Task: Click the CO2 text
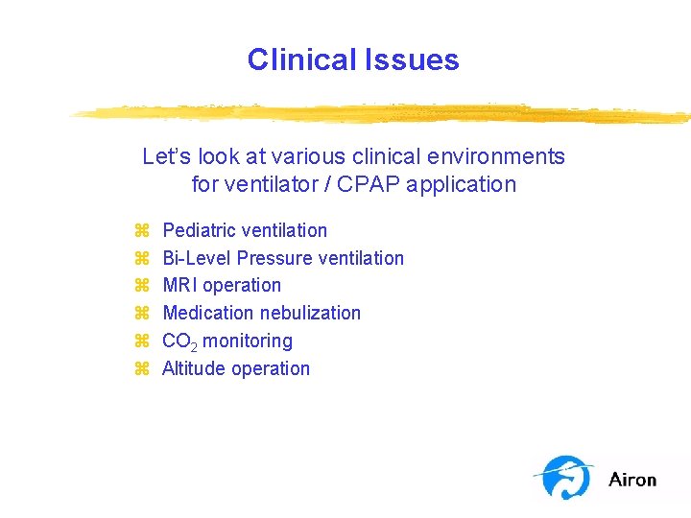[x=179, y=341]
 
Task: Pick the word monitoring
[x=248, y=341]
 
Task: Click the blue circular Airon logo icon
[x=564, y=477]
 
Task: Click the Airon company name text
[x=632, y=479]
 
